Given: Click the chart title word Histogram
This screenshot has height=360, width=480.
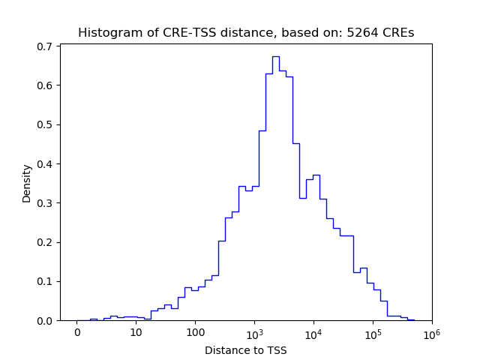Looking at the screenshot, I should pyautogui.click(x=106, y=33).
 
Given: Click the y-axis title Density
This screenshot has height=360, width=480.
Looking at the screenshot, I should pyautogui.click(x=27, y=183).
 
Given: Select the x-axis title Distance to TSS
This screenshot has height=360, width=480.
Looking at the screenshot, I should pyautogui.click(x=246, y=350).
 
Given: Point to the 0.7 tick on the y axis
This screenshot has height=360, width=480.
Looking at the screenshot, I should pyautogui.click(x=44, y=46).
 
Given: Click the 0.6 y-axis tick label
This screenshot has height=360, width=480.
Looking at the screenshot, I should pyautogui.click(x=44, y=85).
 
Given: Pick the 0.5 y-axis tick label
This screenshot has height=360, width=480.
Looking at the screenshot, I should pyautogui.click(x=44, y=124).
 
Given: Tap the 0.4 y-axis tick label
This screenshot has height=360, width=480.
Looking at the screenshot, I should pyautogui.click(x=44, y=163).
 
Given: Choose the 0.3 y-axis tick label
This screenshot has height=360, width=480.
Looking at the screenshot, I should pyautogui.click(x=44, y=203).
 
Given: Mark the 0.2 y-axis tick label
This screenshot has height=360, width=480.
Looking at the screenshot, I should pyautogui.click(x=44, y=242).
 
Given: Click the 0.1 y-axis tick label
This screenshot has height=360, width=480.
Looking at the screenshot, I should pyautogui.click(x=44, y=281).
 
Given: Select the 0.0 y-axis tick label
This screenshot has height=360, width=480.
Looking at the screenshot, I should pyautogui.click(x=44, y=320).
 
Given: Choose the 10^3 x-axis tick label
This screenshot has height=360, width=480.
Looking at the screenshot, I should pyautogui.click(x=254, y=332).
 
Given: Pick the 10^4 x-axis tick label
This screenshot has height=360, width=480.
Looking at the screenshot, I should pyautogui.click(x=313, y=332).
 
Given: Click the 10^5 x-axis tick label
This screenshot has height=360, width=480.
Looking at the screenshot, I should pyautogui.click(x=373, y=332).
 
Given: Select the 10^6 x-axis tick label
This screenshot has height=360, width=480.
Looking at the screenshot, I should pyautogui.click(x=431, y=332).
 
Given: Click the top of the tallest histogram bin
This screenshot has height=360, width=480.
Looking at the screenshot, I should pyautogui.click(x=275, y=56).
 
